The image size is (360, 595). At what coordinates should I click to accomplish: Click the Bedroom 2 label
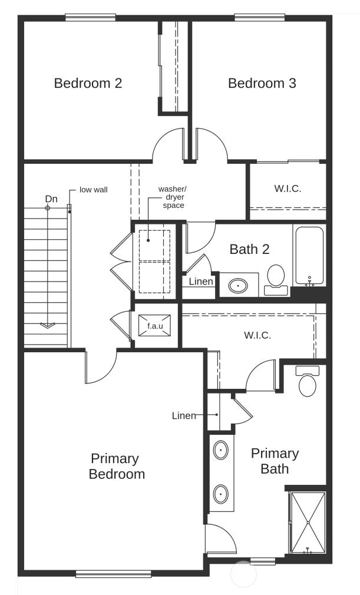88,83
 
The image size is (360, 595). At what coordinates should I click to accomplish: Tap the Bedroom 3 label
262,83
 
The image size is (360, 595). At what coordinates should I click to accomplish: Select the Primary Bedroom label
116,466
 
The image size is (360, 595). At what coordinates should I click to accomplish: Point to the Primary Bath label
275,461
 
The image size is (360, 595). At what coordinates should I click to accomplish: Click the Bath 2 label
249,249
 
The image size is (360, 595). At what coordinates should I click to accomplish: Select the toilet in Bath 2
275,278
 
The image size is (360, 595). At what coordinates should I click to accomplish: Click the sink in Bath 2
238,286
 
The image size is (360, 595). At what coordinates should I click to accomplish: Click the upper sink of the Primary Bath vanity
220,450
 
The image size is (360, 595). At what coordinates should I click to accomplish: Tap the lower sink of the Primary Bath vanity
220,493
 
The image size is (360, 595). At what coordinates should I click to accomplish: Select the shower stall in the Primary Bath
308,523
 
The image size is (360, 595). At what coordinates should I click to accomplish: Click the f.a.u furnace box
155,325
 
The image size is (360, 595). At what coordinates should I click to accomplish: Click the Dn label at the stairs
51,199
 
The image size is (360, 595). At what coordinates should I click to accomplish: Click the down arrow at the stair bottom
47,325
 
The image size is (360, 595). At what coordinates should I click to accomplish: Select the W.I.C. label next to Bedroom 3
288,189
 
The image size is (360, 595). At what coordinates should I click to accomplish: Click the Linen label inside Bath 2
201,282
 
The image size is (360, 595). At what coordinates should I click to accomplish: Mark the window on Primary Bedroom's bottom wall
113,573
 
